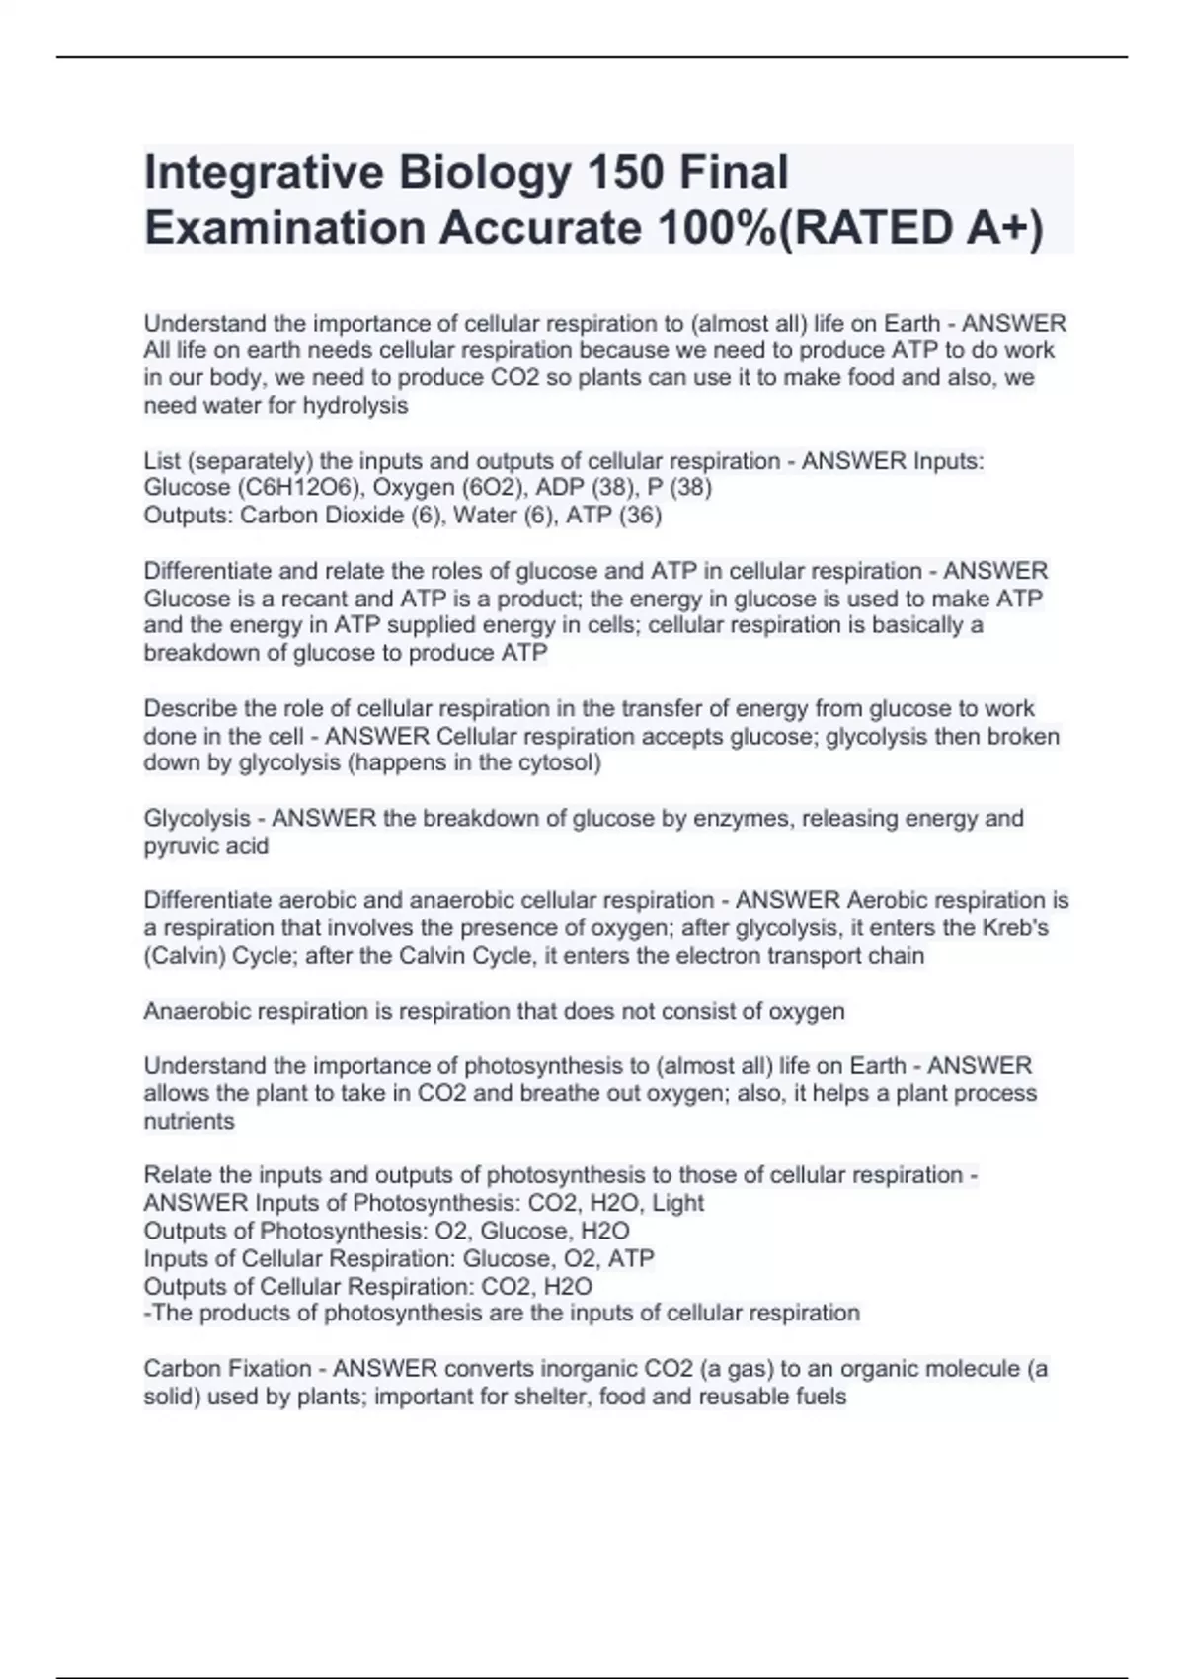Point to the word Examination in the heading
click(283, 228)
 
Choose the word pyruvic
click(180, 846)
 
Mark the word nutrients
click(189, 1121)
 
